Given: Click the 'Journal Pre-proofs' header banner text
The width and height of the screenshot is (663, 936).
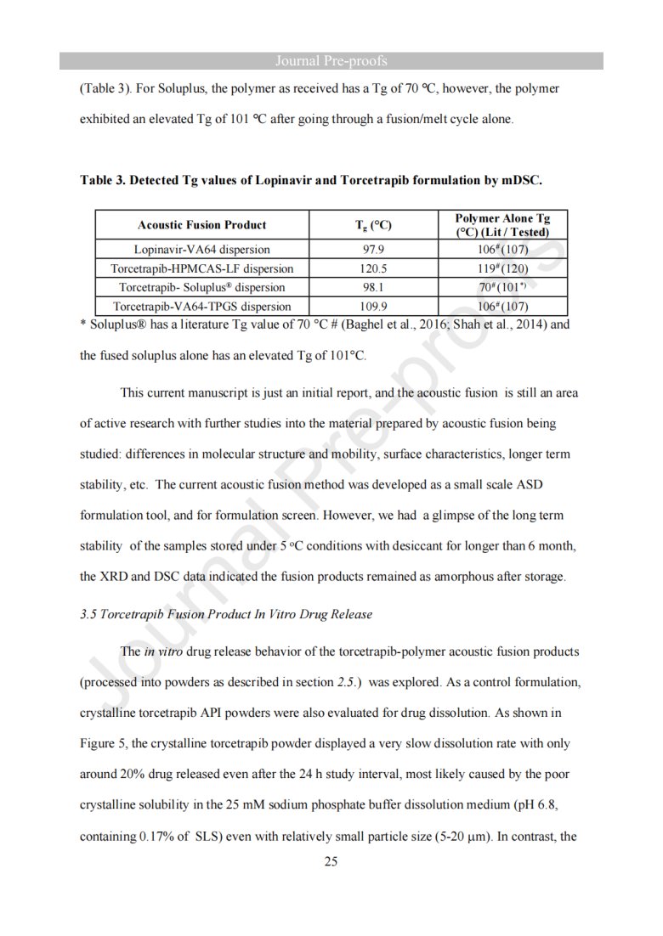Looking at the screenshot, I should coord(331,60).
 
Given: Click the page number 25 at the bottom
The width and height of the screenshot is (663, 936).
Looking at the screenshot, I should coord(331,862).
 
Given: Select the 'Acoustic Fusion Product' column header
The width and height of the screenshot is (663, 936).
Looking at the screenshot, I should coord(201,225).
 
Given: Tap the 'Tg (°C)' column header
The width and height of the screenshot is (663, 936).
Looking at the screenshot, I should coord(372,225).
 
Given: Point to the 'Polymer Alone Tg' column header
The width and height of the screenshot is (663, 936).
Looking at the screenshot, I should coord(502,219).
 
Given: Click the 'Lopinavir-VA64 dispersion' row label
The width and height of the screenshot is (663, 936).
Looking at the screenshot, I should coord(201,250).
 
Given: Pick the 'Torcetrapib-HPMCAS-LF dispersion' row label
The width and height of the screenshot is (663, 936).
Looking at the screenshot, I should coord(201,268).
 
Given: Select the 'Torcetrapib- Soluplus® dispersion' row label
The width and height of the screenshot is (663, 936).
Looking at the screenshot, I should coord(201,287).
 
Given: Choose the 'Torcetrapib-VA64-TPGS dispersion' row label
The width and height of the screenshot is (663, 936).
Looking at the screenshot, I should coord(201,306).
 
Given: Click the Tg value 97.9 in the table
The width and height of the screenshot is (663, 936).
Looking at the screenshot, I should coord(374,250).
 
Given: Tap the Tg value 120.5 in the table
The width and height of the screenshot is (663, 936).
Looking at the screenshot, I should coord(374,268).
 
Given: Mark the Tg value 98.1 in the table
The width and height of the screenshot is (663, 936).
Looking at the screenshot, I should coord(374,287).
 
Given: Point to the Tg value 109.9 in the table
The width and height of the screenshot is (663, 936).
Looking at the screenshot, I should coord(374,306).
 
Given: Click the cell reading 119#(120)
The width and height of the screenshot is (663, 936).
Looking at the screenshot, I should coord(503,268).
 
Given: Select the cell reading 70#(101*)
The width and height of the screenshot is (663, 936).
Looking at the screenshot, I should coord(503,287).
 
